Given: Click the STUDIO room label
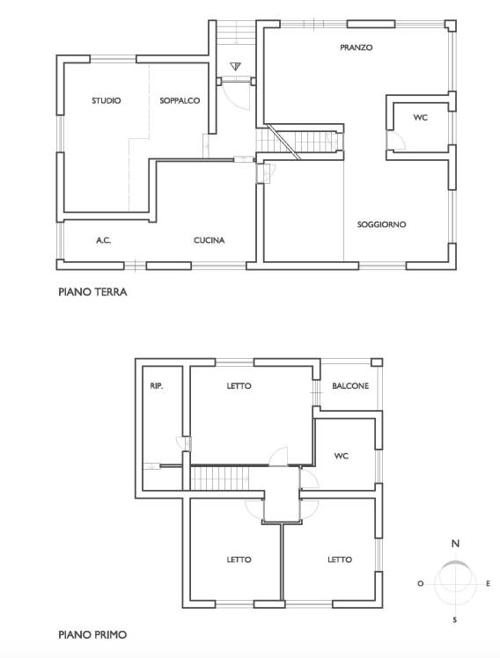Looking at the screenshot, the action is [x=107, y=100].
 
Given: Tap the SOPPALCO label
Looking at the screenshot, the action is [x=180, y=100].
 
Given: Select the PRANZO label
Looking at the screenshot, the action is [x=356, y=48].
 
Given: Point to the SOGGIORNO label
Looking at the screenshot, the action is [x=382, y=224].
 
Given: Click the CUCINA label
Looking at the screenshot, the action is [x=210, y=240].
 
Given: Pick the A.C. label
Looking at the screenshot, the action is [x=104, y=240].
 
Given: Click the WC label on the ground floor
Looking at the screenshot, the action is [x=420, y=118].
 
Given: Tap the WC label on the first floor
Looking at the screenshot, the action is [x=342, y=456].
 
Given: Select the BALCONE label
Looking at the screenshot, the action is [x=350, y=385].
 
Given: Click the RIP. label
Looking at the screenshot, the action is [x=156, y=385].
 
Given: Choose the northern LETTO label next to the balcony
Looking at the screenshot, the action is [x=239, y=385].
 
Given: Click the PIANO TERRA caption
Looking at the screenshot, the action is [x=92, y=292].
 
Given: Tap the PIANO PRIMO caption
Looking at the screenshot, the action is [x=92, y=634].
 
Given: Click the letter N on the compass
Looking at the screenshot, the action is [x=455, y=544].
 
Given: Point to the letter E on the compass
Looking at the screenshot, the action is [x=488, y=583].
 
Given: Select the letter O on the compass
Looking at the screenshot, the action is [x=420, y=583].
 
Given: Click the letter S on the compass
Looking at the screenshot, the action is [x=454, y=620].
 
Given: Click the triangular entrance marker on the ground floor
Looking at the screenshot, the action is [x=236, y=66].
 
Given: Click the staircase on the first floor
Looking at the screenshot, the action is [x=220, y=479].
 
